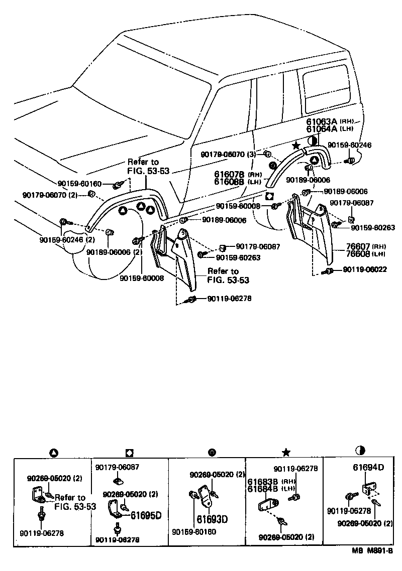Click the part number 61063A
point(322,122)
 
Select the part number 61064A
point(322,129)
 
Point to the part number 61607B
point(230,175)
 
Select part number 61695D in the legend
point(146,515)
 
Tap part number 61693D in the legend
point(212,519)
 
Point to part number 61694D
point(368,468)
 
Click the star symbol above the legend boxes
point(286,452)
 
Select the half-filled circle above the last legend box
point(360,450)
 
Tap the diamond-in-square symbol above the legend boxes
point(129,453)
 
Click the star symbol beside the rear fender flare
point(296,146)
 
